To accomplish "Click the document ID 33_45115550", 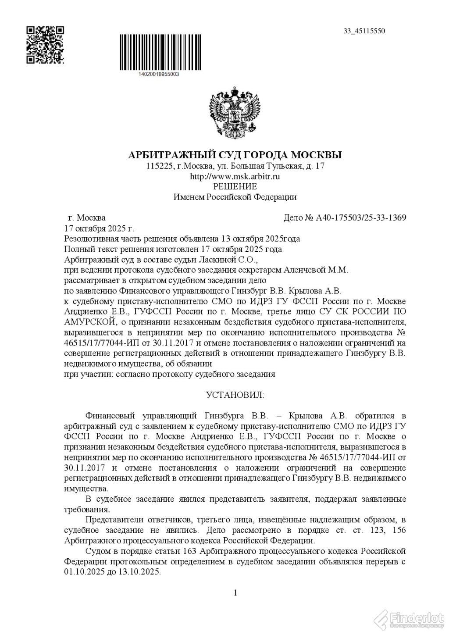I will (x=364, y=31).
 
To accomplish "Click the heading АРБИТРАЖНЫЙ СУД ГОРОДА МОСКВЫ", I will (x=234, y=155).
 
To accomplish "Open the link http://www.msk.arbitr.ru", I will (x=235, y=176).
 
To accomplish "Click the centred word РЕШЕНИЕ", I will (x=235, y=186).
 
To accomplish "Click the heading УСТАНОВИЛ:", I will (x=235, y=395).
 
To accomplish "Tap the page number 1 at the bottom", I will (x=235, y=593).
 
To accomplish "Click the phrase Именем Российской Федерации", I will (x=235, y=197).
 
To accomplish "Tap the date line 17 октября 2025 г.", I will (x=99, y=228).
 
